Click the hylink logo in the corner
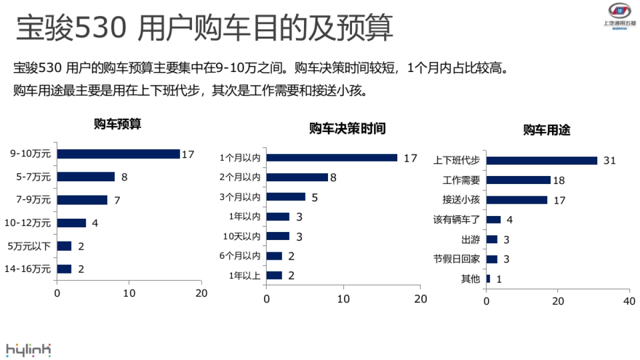(29, 350)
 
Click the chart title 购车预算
(117, 124)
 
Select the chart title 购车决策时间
(347, 129)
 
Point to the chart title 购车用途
(547, 130)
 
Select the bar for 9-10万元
(118, 154)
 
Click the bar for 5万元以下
(64, 246)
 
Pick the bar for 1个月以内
(332, 157)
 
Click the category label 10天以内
(242, 236)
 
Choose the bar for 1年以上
(274, 275)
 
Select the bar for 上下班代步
(541, 161)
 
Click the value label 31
(610, 161)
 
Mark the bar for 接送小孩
(517, 200)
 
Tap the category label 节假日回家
(457, 259)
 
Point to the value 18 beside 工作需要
(558, 180)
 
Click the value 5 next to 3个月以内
(315, 197)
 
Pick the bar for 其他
(488, 278)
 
